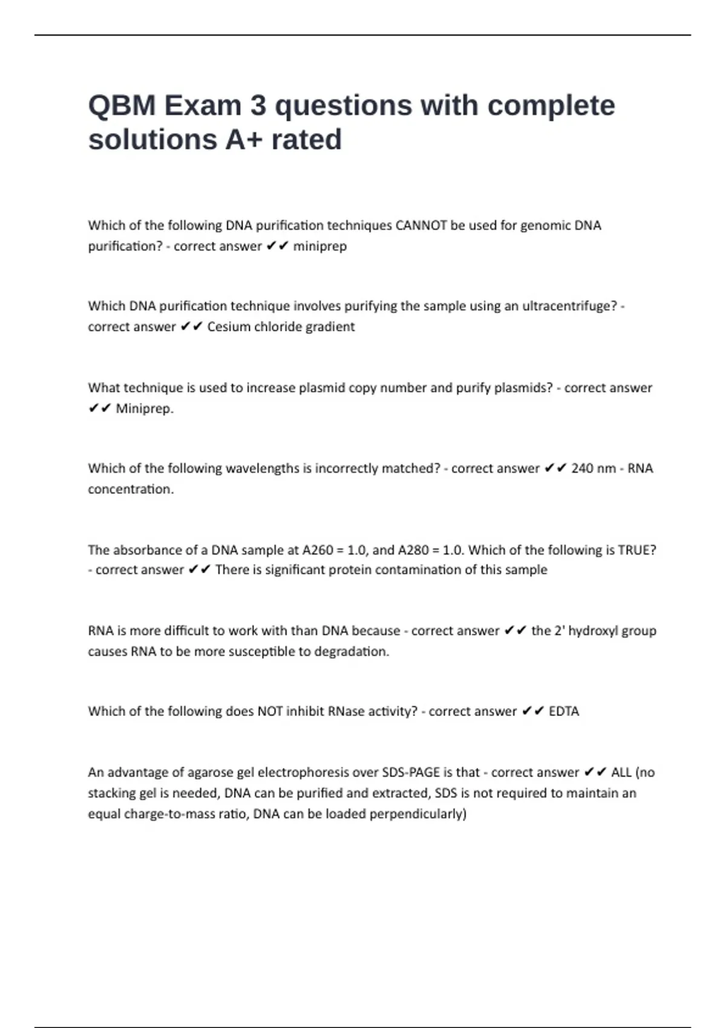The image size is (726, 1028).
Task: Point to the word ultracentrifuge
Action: pyautogui.click(x=569, y=306)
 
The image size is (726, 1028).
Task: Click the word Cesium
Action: pyautogui.click(x=228, y=327)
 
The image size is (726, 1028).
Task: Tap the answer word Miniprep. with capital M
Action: pyautogui.click(x=145, y=409)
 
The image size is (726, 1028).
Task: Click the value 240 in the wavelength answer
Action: pyautogui.click(x=582, y=469)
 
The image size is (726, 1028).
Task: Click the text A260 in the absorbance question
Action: pyautogui.click(x=318, y=550)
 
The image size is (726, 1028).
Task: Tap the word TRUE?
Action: pyautogui.click(x=636, y=550)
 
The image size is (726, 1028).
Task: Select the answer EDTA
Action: pyautogui.click(x=564, y=712)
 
